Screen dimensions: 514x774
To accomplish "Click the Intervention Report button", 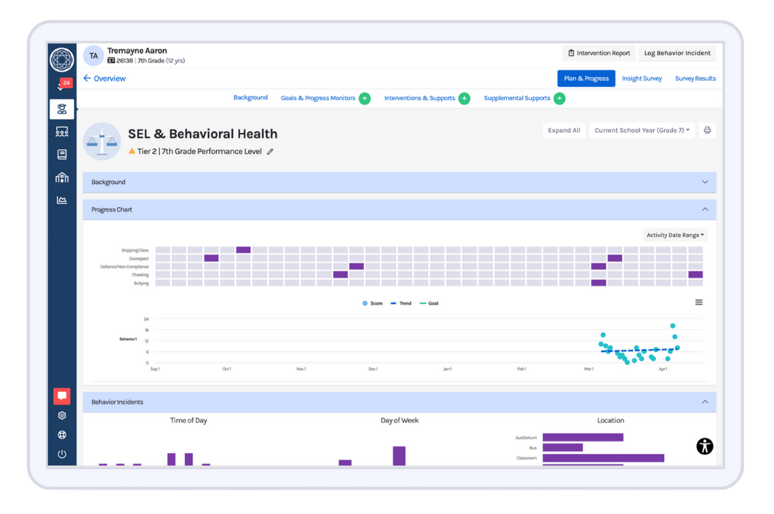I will [x=599, y=54].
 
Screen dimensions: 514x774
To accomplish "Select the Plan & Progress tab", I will [x=586, y=78].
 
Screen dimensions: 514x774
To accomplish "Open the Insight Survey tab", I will [x=641, y=78].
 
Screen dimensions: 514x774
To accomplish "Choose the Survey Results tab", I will [x=695, y=78].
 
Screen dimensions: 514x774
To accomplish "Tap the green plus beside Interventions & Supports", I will [x=464, y=99].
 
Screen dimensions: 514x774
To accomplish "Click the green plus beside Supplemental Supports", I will [x=559, y=99].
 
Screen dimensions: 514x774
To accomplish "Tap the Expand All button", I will [x=564, y=131].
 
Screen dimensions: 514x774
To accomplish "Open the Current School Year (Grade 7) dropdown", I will [x=641, y=131].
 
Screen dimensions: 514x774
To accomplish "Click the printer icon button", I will [x=707, y=131].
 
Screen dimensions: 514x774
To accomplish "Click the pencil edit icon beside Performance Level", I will [x=270, y=152].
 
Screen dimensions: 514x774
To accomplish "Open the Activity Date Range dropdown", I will [x=675, y=235].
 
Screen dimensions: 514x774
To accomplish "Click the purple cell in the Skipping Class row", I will [x=243, y=250].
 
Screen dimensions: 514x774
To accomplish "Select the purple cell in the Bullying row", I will [x=598, y=283].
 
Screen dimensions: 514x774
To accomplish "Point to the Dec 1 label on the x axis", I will [x=373, y=369].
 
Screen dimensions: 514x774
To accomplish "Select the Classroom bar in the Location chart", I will [x=603, y=458].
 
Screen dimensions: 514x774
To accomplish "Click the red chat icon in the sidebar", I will [x=62, y=396].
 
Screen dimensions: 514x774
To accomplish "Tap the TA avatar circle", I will [x=93, y=56].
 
